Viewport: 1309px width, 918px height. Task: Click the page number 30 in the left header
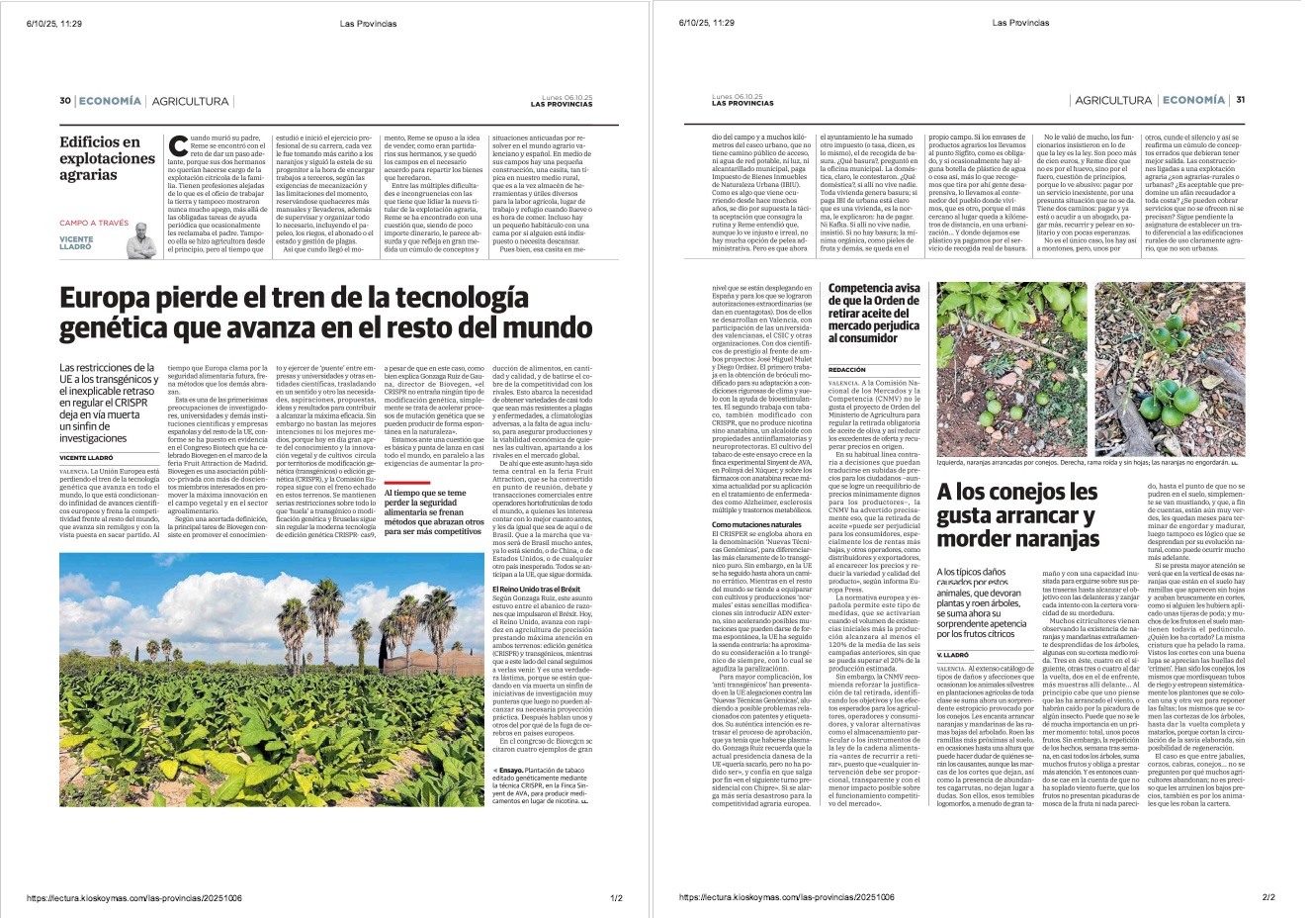(x=65, y=101)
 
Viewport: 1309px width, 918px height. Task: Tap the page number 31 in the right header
(x=1240, y=100)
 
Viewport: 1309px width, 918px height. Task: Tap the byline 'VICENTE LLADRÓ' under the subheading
(x=87, y=458)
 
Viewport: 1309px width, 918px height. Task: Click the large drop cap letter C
(x=178, y=146)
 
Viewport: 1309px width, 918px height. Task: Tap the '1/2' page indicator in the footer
(x=616, y=898)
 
